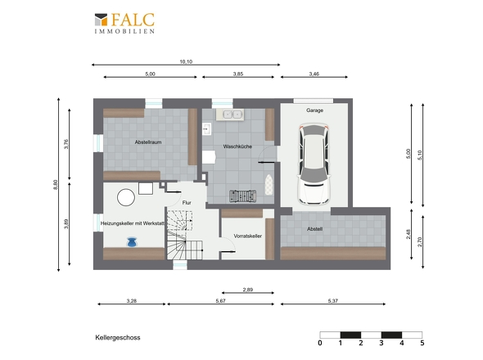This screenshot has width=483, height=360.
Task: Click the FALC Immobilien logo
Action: click(x=124, y=23)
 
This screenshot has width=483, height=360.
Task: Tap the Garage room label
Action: click(x=314, y=110)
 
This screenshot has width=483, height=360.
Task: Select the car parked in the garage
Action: click(x=314, y=164)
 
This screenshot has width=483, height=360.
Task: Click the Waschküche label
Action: click(x=237, y=146)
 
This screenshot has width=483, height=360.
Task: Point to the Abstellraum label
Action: click(x=148, y=142)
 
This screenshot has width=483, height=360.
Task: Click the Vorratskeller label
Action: click(x=248, y=236)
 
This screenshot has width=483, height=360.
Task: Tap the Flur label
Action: click(x=187, y=203)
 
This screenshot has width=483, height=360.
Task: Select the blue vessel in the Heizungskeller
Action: click(x=133, y=242)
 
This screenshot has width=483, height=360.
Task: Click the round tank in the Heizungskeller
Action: click(x=126, y=197)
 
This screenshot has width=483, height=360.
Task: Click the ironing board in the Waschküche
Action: click(x=269, y=185)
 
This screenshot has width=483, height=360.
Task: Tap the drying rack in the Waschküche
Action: click(x=243, y=196)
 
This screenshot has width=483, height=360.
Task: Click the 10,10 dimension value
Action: click(x=186, y=61)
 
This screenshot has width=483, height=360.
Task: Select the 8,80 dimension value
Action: click(x=56, y=185)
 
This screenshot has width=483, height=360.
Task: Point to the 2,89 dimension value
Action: click(x=248, y=290)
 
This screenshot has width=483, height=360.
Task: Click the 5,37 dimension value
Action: click(x=333, y=301)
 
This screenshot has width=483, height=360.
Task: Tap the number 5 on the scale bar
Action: click(x=422, y=343)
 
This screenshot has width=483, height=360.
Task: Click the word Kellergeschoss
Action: click(x=118, y=338)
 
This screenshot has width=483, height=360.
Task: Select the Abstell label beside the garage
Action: click(x=314, y=229)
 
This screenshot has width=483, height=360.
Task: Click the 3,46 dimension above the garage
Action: click(x=314, y=74)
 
